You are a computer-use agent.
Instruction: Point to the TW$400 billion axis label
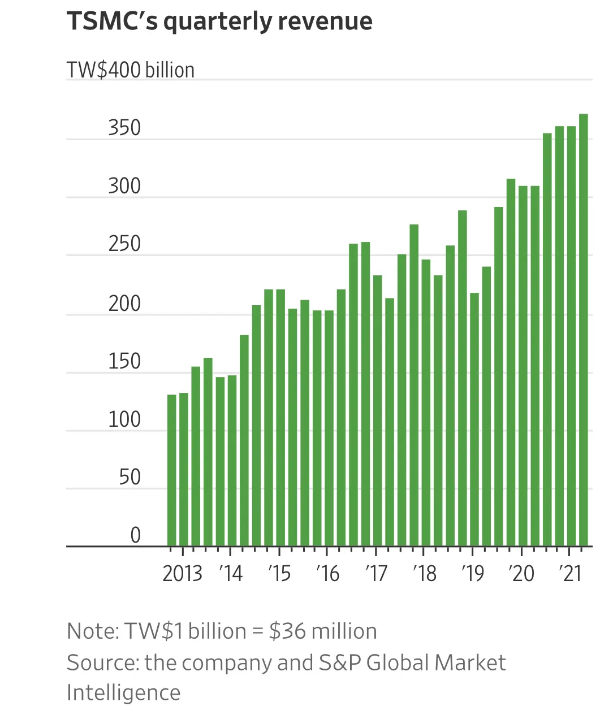tap(131, 70)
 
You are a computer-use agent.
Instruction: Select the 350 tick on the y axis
tap(124, 128)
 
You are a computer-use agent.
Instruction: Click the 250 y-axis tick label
tap(124, 244)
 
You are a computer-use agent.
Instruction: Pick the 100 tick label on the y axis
tap(124, 419)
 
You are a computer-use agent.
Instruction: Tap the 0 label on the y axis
tap(135, 535)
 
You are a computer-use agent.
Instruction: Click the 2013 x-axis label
tap(182, 573)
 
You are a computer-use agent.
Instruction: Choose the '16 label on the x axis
tap(327, 573)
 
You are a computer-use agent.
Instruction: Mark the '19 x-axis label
tap(473, 573)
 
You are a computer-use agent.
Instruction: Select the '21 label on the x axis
tap(570, 573)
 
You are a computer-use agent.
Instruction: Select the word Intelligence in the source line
tap(123, 692)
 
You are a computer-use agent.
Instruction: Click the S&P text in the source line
tap(339, 662)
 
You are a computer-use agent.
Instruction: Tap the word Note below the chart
tap(90, 631)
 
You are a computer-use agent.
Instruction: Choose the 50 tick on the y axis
tap(129, 477)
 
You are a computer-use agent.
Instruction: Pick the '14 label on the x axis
tap(231, 573)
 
